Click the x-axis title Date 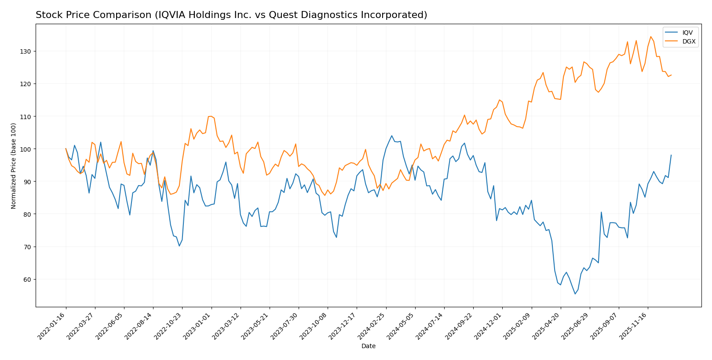[368, 346]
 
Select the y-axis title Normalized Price [14, 166]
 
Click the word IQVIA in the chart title [172, 15]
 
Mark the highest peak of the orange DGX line [650, 36]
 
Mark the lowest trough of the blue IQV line [575, 294]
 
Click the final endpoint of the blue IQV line [671, 155]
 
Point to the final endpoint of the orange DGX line [671, 75]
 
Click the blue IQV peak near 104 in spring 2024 [391, 136]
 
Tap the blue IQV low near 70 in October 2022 [179, 246]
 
